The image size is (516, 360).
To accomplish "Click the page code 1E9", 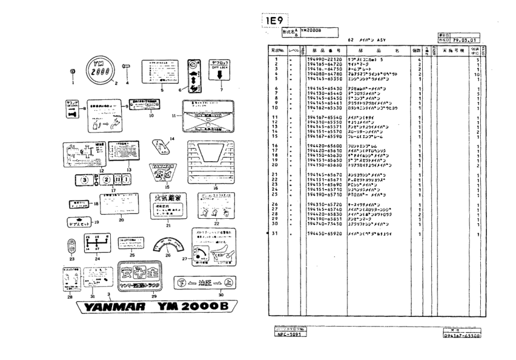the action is tap(277, 21).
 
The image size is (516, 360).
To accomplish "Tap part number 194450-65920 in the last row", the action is tap(323, 234).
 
